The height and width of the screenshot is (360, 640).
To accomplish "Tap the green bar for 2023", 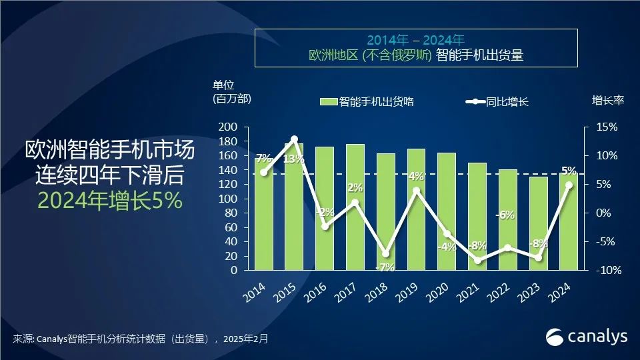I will tap(539, 223).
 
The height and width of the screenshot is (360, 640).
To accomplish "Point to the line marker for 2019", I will tap(417, 190).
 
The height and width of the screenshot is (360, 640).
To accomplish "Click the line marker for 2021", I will tap(477, 260).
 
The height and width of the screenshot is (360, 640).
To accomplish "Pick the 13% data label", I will tap(294, 159).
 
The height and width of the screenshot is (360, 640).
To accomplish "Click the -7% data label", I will tap(385, 267).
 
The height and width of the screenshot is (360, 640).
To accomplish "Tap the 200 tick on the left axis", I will tap(229, 127).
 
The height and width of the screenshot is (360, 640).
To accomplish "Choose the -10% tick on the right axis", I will tap(607, 271).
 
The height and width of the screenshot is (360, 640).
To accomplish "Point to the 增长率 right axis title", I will tap(608, 101).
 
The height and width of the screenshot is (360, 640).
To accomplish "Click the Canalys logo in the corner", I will tap(587, 337).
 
